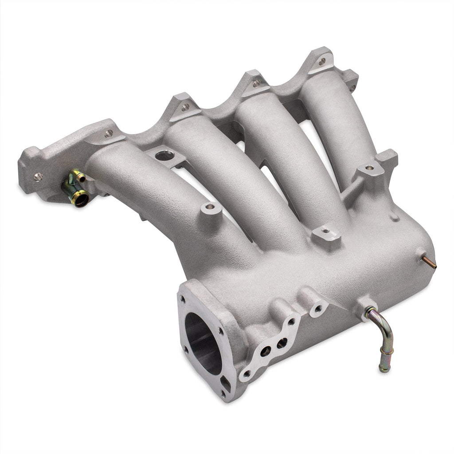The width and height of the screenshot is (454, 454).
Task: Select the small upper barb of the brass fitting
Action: [80, 177]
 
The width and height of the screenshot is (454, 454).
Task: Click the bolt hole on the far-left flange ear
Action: [38, 176]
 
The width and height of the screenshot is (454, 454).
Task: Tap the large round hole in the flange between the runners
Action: [165, 156]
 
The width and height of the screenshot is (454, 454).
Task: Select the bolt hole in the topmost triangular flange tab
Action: [322, 61]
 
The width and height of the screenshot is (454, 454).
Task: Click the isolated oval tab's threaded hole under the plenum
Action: [318, 307]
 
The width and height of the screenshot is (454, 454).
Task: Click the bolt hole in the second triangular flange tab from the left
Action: [185, 106]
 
